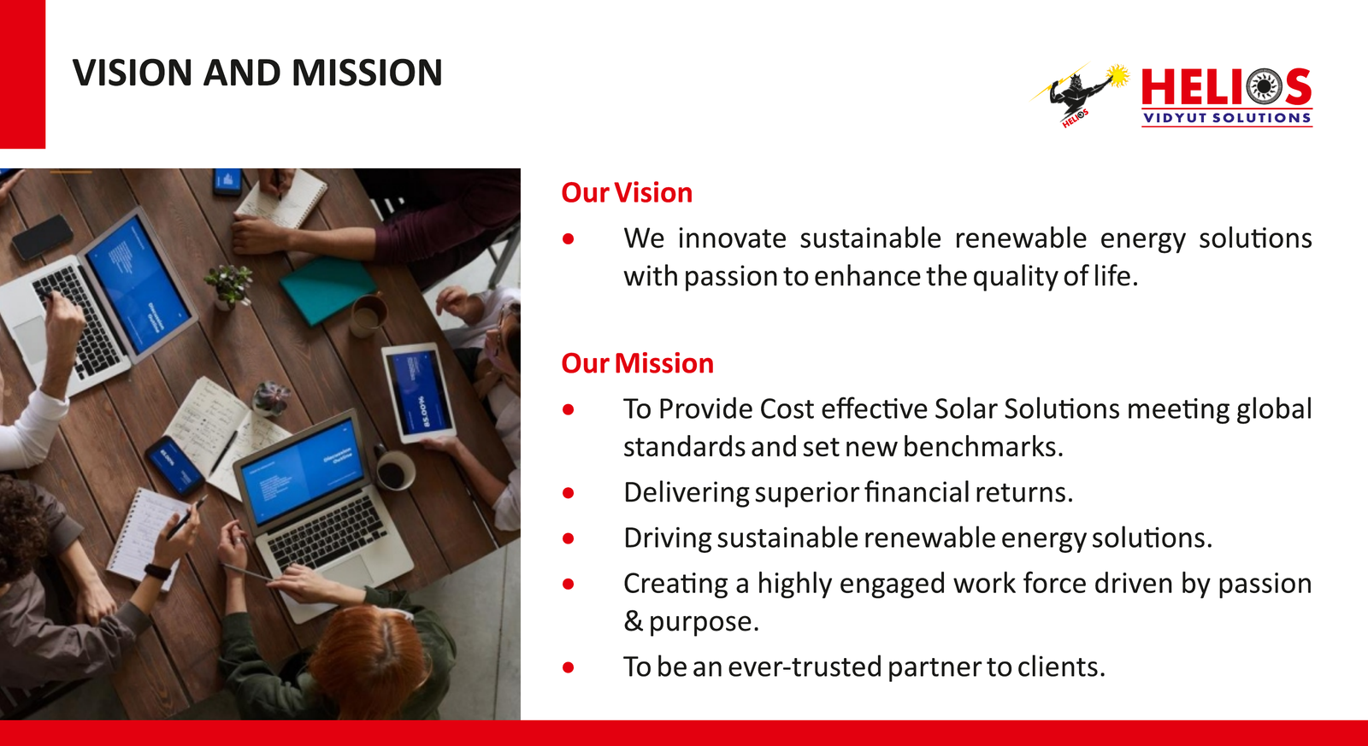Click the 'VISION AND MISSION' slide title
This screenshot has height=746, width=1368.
[257, 73]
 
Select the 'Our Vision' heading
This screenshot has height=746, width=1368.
[627, 193]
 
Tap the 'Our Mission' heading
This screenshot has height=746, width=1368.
[637, 363]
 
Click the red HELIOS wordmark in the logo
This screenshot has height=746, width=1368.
[1226, 86]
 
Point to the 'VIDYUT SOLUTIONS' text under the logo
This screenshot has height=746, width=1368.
[1227, 118]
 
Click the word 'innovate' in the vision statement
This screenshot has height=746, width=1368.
[732, 238]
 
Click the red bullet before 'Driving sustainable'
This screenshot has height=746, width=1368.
[569, 538]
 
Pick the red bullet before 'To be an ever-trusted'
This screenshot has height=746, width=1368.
[569, 667]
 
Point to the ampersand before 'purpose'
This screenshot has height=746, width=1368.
[633, 621]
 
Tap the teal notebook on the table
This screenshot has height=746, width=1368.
[328, 290]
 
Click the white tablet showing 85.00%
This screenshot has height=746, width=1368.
[419, 392]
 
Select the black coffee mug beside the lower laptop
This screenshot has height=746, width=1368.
[394, 470]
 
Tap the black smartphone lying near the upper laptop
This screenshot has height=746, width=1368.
[43, 237]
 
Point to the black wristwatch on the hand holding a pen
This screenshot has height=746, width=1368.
[157, 573]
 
